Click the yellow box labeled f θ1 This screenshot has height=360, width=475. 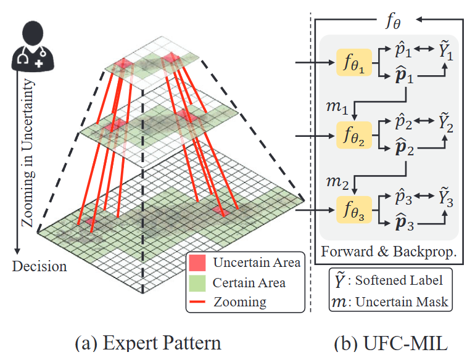click(354, 62)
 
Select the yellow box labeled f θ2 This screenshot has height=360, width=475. click(354, 135)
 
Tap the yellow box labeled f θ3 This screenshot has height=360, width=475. click(354, 210)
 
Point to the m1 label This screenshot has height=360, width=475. click(337, 107)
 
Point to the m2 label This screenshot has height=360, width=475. click(337, 182)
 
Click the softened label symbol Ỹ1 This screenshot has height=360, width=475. click(446, 51)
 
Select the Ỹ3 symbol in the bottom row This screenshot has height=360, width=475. click(446, 198)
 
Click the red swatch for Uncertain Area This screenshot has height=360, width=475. click(197, 263)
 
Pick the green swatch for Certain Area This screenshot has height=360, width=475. click(197, 283)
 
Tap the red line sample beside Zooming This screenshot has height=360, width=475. click(197, 302)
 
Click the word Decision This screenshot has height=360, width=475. click(39, 266)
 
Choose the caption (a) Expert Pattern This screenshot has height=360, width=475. click(148, 343)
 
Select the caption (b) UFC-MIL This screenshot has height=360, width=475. click(390, 343)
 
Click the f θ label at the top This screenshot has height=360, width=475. click(393, 21)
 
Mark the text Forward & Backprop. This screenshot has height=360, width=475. click(389, 252)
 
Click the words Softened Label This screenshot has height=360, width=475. click(399, 280)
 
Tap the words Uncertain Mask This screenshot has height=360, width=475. click(402, 302)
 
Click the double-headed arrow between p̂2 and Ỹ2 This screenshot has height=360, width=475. click(424, 121)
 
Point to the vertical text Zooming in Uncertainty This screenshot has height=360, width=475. click(28, 153)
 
